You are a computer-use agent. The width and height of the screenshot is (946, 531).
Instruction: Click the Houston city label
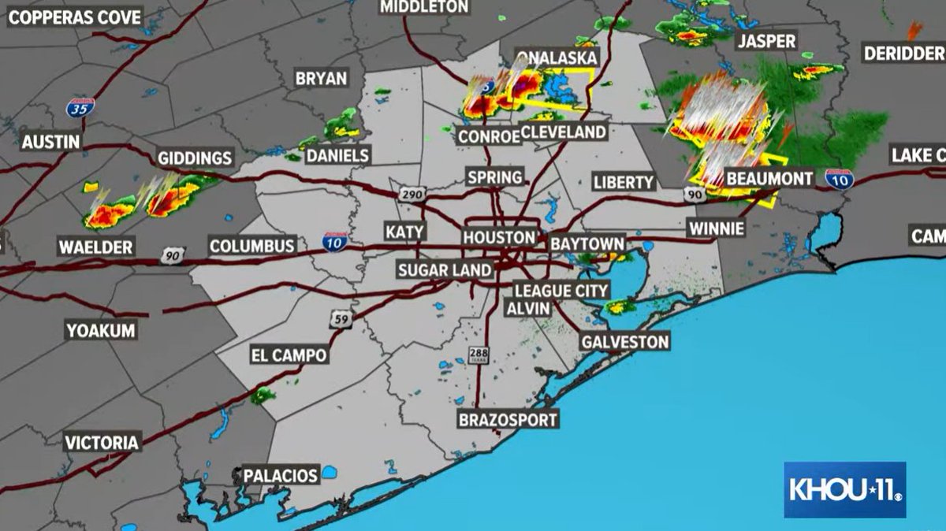point(498,237)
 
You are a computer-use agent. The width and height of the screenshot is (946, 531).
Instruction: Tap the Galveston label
point(624,342)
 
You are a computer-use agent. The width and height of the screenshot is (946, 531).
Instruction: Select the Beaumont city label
point(769,179)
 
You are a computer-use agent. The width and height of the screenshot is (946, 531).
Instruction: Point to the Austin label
point(50,143)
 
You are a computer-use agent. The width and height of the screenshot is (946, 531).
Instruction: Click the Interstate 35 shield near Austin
point(80,108)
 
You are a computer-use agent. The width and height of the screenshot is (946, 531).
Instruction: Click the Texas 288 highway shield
point(478,355)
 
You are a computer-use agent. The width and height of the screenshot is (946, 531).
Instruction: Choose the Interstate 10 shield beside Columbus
point(336,242)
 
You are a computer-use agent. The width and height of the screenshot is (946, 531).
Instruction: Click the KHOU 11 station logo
point(844,489)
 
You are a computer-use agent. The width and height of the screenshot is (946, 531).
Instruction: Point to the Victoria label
point(102,442)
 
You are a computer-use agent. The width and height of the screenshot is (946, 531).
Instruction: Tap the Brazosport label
point(508,419)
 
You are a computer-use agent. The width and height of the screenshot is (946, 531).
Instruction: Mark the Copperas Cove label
point(75,17)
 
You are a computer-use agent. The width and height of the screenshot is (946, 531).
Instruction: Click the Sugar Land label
point(445,270)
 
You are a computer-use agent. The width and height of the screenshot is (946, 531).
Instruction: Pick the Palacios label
point(280,476)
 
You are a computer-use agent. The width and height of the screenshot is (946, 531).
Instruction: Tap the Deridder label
point(903,54)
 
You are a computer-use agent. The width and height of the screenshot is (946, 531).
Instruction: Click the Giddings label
point(194,158)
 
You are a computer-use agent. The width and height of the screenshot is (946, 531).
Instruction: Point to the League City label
point(561,291)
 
